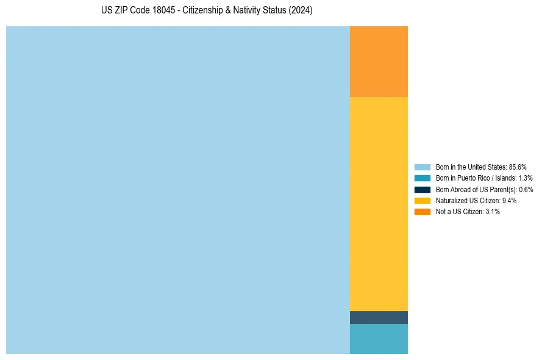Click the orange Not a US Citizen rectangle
379,61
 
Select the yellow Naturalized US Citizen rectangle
379,204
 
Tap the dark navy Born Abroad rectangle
379,317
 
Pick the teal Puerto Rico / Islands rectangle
379,339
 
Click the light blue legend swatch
422,167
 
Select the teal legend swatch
422,178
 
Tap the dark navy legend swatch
422,189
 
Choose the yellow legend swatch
422,200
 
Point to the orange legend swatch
422,212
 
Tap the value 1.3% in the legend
526,178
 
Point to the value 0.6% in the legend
526,189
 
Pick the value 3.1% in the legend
493,212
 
